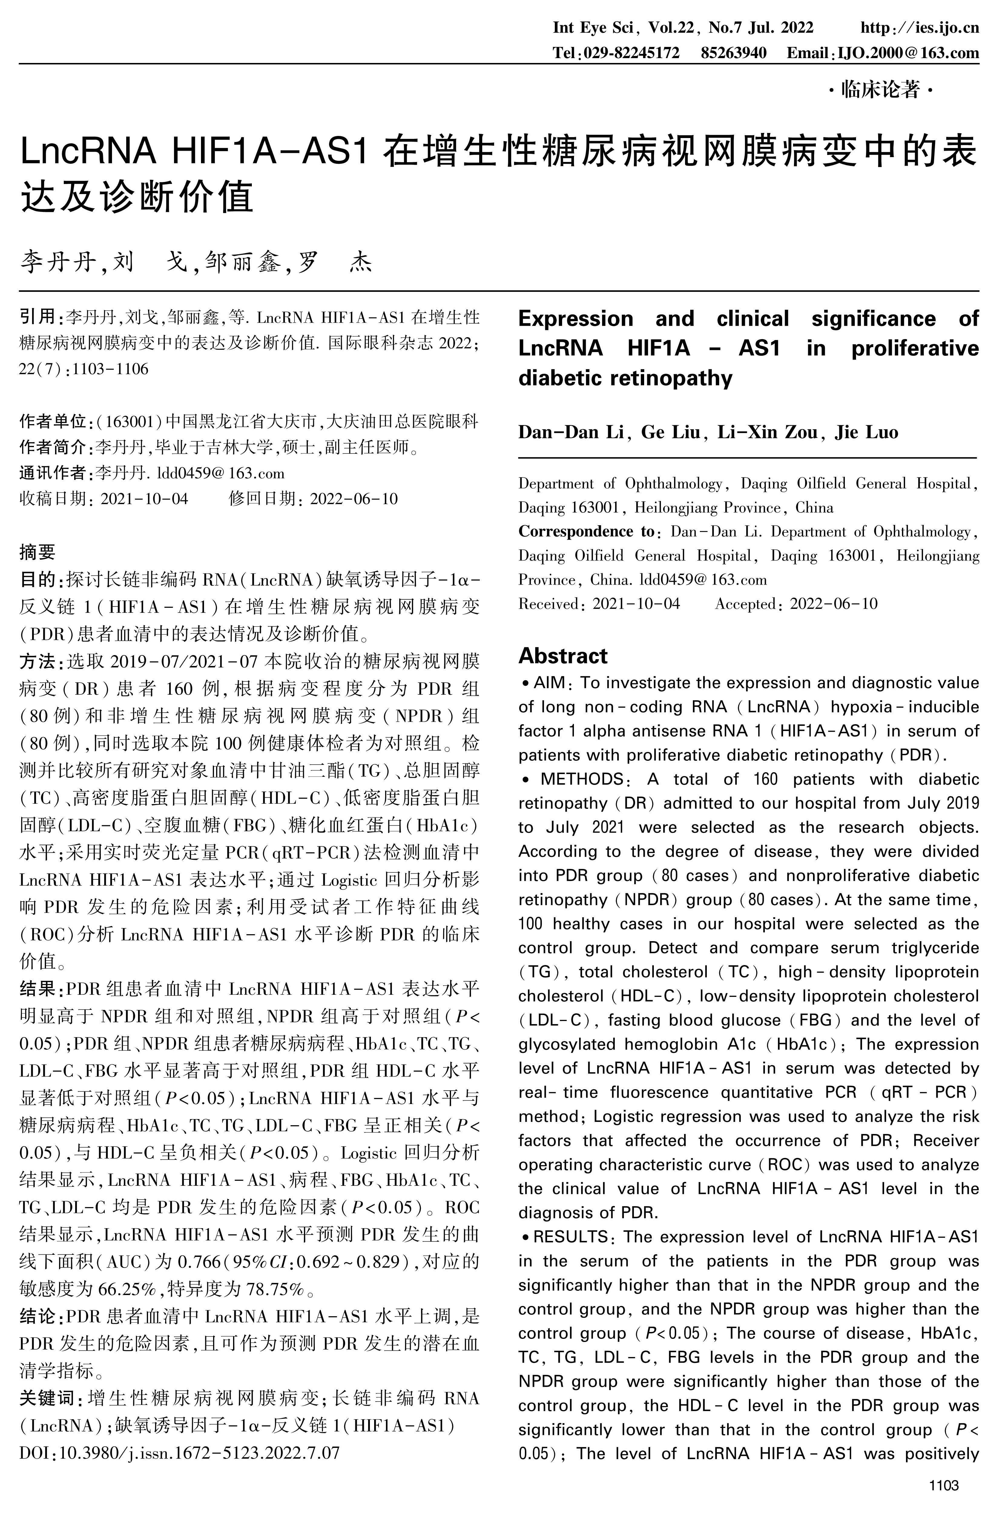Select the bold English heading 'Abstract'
tap(563, 656)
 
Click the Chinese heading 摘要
tap(38, 551)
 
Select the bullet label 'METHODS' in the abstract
tap(582, 779)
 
